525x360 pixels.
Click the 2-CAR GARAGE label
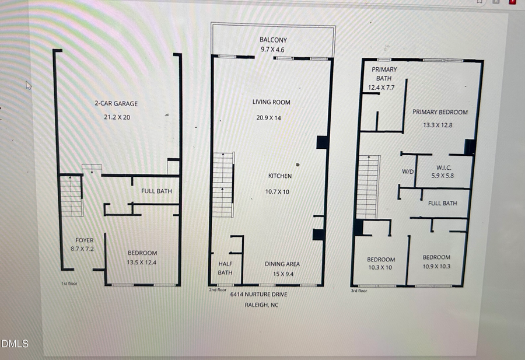[116, 104]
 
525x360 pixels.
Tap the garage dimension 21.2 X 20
[116, 117]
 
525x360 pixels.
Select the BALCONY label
[273, 40]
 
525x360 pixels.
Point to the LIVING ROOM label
[271, 102]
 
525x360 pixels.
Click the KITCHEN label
[279, 176]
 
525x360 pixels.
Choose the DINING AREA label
[282, 264]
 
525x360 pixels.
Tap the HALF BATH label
[225, 268]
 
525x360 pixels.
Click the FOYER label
[85, 240]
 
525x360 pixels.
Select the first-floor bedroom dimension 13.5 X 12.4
[142, 262]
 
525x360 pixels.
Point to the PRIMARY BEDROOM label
[440, 112]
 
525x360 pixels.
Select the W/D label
[407, 172]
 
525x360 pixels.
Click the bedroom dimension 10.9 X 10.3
[436, 267]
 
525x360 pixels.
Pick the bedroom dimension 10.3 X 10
[381, 267]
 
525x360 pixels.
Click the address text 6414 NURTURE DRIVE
[258, 294]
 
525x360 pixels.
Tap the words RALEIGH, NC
[258, 305]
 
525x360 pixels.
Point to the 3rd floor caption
[359, 291]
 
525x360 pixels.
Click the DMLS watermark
[14, 344]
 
